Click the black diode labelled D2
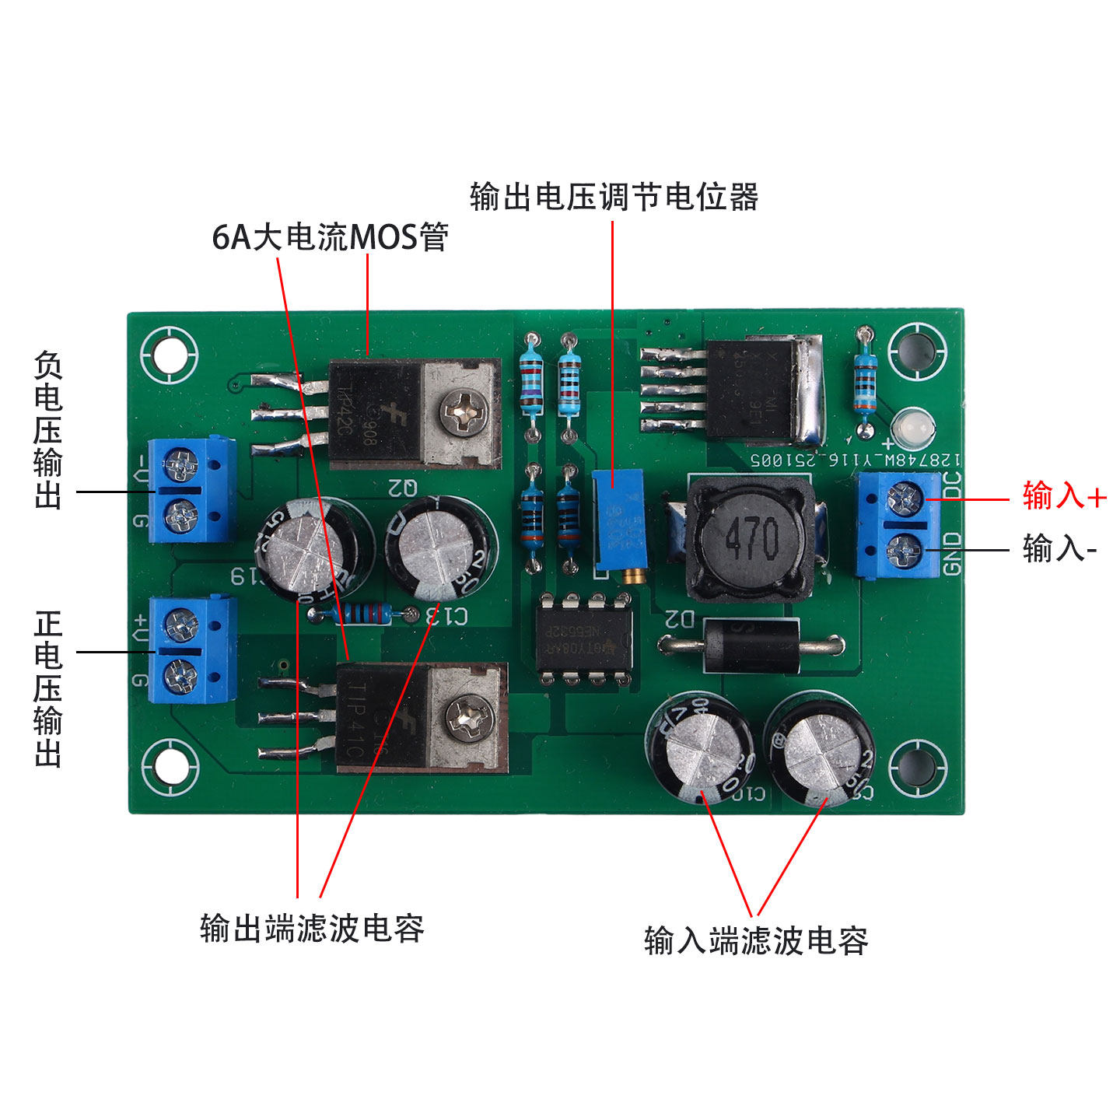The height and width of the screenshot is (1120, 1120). tap(751, 645)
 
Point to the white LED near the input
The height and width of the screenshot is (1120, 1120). tap(913, 425)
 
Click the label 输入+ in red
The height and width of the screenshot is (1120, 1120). tap(1064, 495)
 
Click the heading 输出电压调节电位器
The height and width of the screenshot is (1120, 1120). tap(614, 197)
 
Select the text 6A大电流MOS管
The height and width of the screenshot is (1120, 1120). tap(330, 236)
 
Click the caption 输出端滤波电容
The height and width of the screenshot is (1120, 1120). tap(312, 929)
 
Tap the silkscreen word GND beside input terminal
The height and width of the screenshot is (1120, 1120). tap(954, 553)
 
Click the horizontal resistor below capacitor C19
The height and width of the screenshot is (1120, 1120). tap(360, 614)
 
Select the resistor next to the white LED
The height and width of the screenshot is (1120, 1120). tap(865, 381)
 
